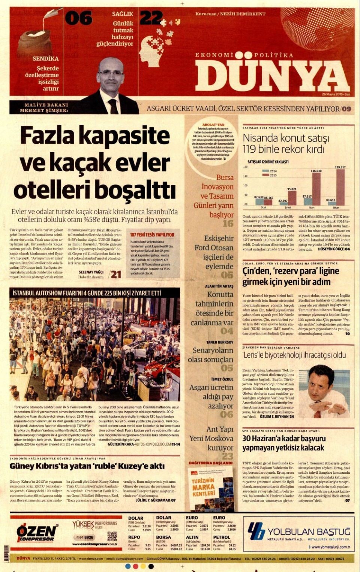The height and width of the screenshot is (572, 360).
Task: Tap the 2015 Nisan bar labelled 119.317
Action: pos(340,187)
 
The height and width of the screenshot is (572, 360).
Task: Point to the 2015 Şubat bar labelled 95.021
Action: pos(292,198)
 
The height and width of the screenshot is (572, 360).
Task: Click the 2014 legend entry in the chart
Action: pos(271,171)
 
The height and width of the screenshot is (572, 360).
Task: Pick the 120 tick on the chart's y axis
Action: pos(245,167)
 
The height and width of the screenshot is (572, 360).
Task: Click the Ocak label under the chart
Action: pos(263,207)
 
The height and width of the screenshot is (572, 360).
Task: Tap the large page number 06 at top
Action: pos(79,18)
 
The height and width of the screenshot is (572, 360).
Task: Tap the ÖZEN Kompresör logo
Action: pos(36,533)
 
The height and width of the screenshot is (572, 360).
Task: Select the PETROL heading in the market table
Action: pos(222,537)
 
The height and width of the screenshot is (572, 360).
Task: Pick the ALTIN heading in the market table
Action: pos(192,537)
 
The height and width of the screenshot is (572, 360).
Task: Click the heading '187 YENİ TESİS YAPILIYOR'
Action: pos(152,235)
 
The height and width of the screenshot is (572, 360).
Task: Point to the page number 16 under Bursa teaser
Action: pos(228,224)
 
